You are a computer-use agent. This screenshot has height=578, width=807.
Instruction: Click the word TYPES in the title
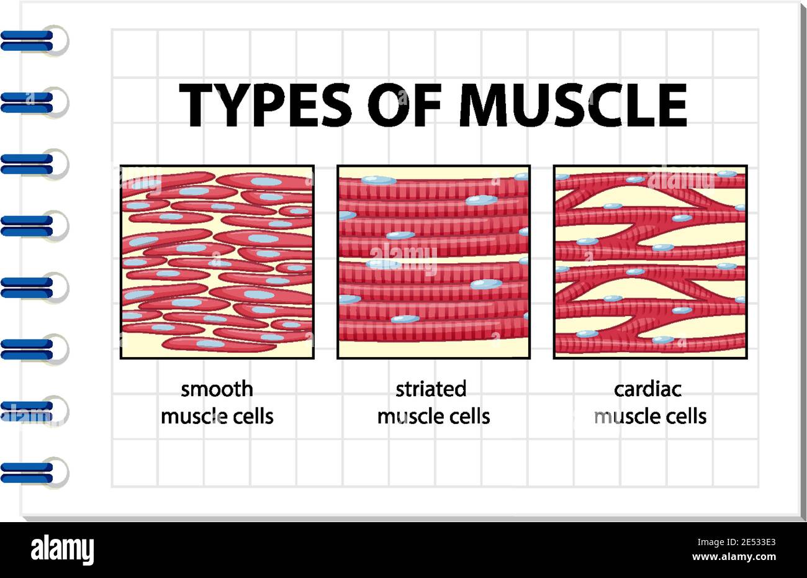pyautogui.click(x=265, y=105)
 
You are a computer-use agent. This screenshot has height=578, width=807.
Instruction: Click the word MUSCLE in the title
pyautogui.click(x=574, y=105)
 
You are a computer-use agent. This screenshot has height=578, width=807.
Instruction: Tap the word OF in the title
pyautogui.click(x=404, y=105)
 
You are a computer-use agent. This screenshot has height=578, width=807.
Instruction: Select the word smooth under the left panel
pyautogui.click(x=217, y=389)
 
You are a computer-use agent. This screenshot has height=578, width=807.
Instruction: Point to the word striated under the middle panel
pyautogui.click(x=431, y=389)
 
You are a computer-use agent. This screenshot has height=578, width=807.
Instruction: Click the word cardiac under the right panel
pyautogui.click(x=647, y=389)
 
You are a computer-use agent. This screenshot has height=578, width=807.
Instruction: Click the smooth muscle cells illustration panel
pyautogui.click(x=217, y=262)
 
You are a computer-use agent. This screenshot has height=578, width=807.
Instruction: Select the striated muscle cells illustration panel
pyautogui.click(x=434, y=262)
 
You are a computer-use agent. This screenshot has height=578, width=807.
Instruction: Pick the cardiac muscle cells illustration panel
pyautogui.click(x=651, y=262)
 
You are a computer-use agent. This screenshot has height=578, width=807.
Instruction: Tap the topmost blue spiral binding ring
pyautogui.click(x=34, y=40)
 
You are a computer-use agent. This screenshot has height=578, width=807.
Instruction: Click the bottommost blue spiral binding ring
pyautogui.click(x=34, y=472)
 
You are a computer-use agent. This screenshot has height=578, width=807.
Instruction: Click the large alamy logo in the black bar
pyautogui.click(x=62, y=550)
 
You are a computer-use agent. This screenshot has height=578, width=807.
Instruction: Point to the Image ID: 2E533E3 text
pyautogui.click(x=736, y=542)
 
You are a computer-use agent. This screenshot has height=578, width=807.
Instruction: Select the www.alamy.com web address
pyautogui.click(x=734, y=557)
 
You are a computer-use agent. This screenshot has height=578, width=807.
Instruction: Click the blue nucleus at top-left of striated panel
pyautogui.click(x=379, y=180)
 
